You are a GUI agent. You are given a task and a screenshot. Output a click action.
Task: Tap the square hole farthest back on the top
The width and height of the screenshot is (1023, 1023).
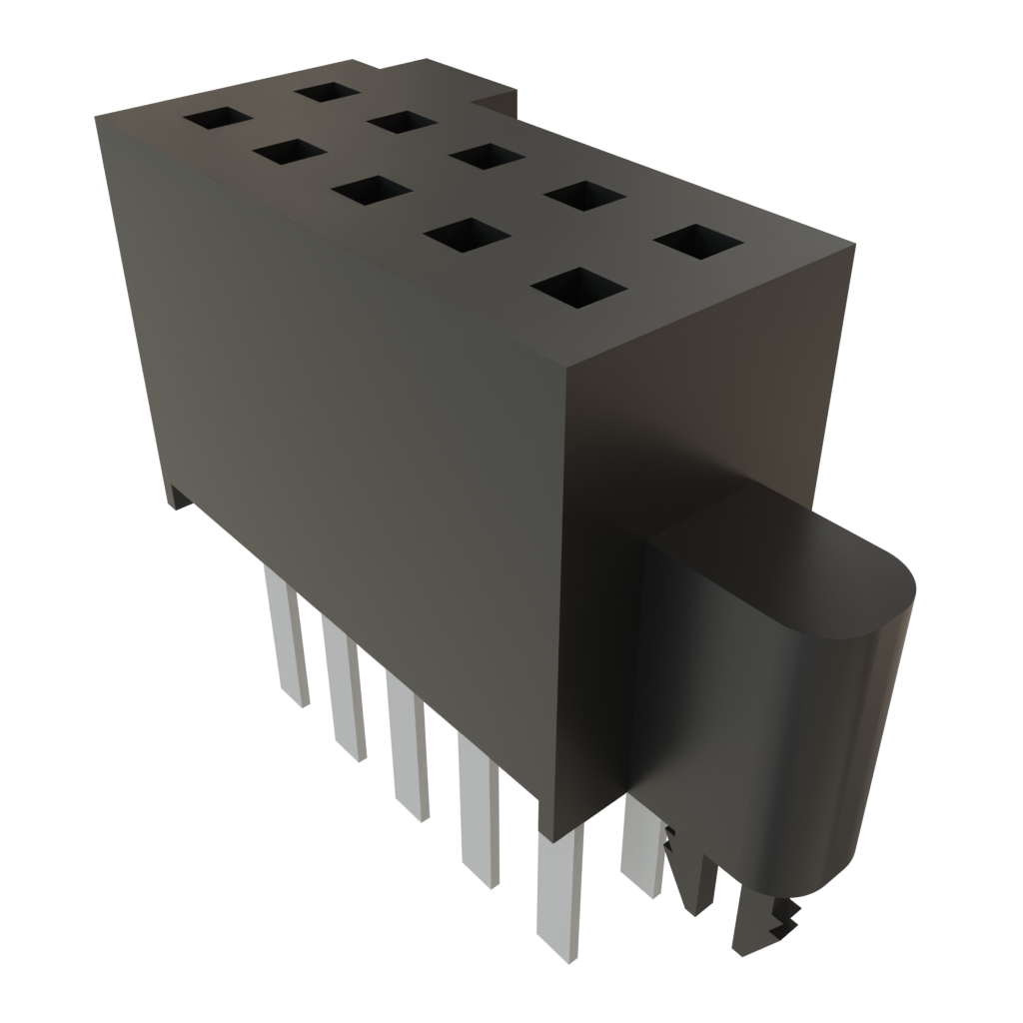[327, 91]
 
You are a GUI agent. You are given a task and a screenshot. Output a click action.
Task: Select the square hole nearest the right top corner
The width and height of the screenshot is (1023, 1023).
[700, 240]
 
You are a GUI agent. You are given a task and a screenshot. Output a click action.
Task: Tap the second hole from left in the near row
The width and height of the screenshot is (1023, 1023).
[291, 152]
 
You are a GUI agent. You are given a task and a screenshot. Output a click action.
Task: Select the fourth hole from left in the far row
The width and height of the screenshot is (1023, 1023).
[586, 195]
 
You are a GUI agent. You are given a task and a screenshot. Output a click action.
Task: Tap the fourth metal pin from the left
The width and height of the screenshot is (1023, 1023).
[478, 809]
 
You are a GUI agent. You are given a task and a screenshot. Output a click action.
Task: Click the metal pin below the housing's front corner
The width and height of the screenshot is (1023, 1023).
[558, 889]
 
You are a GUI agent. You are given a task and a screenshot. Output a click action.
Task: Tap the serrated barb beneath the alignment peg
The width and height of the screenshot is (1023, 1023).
[769, 924]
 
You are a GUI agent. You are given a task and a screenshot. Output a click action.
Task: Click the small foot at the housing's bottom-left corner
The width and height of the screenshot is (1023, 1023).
[178, 497]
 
